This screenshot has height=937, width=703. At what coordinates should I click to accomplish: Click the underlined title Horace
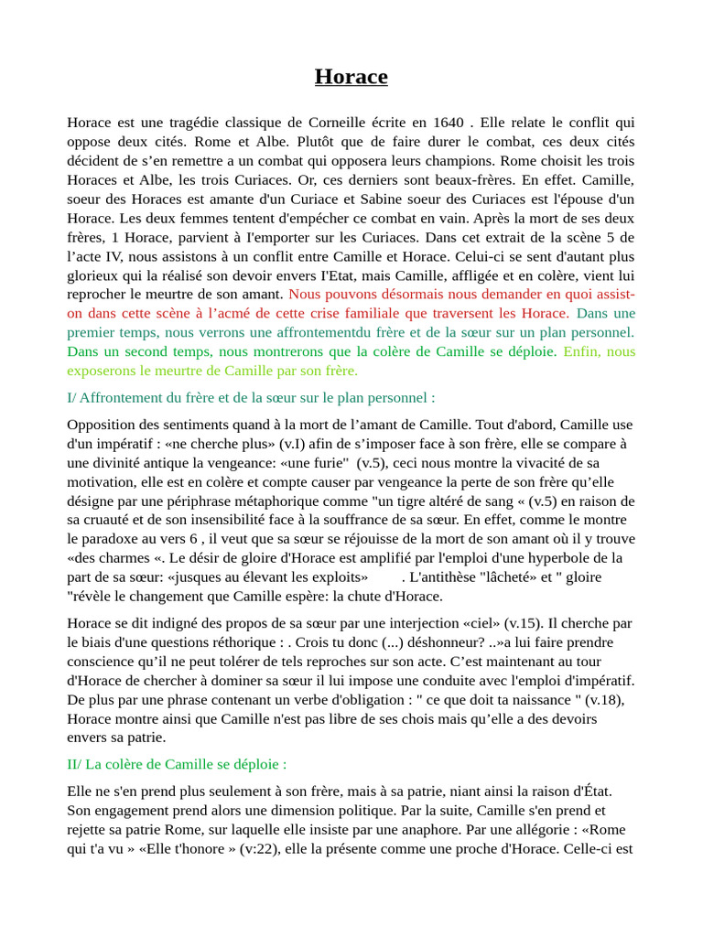pos(351,77)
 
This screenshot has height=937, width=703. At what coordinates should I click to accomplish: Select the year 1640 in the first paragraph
pos(449,123)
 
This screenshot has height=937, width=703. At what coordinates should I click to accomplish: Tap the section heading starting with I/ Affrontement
pos(251,398)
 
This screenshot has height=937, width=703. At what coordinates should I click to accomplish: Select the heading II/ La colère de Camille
pos(177,764)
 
